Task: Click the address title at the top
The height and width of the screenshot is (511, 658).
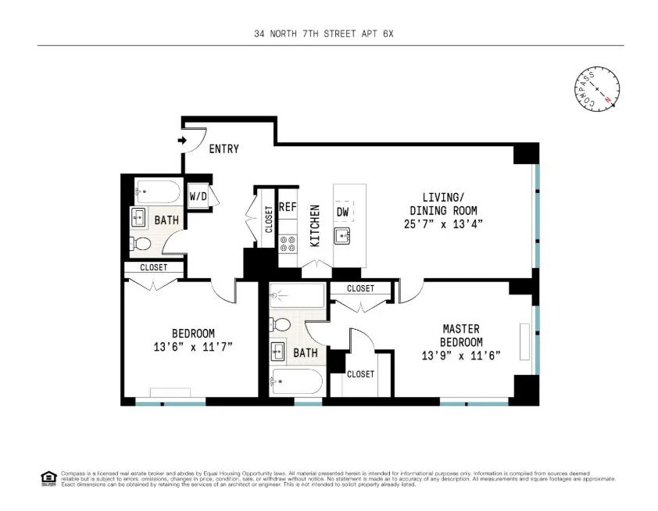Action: coord(328,34)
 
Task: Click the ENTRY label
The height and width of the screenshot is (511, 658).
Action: coord(224,149)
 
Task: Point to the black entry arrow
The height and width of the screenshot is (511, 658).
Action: coord(182,141)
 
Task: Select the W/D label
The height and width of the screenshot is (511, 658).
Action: coord(198,196)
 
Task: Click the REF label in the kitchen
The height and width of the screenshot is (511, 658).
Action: coord(288,207)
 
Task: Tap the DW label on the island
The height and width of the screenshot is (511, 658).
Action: coord(342,213)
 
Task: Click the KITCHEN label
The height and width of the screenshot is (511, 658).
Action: coord(316,226)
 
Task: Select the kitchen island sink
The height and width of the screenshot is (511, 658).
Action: coord(343,236)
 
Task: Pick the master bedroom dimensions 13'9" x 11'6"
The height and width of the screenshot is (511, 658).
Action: coord(460,355)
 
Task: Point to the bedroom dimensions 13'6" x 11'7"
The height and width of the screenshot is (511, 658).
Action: coord(193,346)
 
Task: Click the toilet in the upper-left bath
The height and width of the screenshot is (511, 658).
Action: coord(141,243)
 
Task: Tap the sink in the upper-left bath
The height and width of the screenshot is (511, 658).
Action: coord(138,216)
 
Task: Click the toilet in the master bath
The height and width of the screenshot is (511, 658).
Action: coord(282,323)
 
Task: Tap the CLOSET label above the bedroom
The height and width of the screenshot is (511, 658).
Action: coord(153,268)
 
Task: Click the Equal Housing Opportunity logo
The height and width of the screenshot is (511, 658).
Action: coord(48,478)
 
